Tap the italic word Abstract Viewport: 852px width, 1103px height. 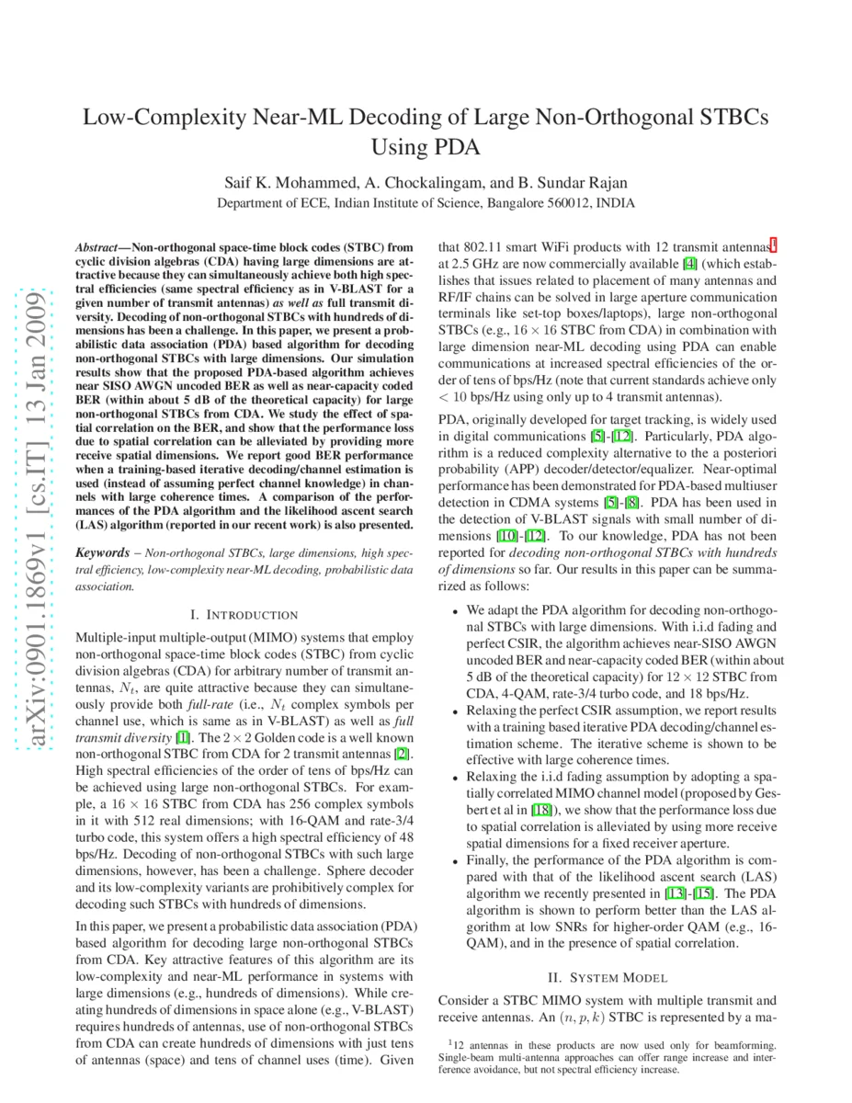[96, 248]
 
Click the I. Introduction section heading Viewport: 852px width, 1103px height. [244, 614]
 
